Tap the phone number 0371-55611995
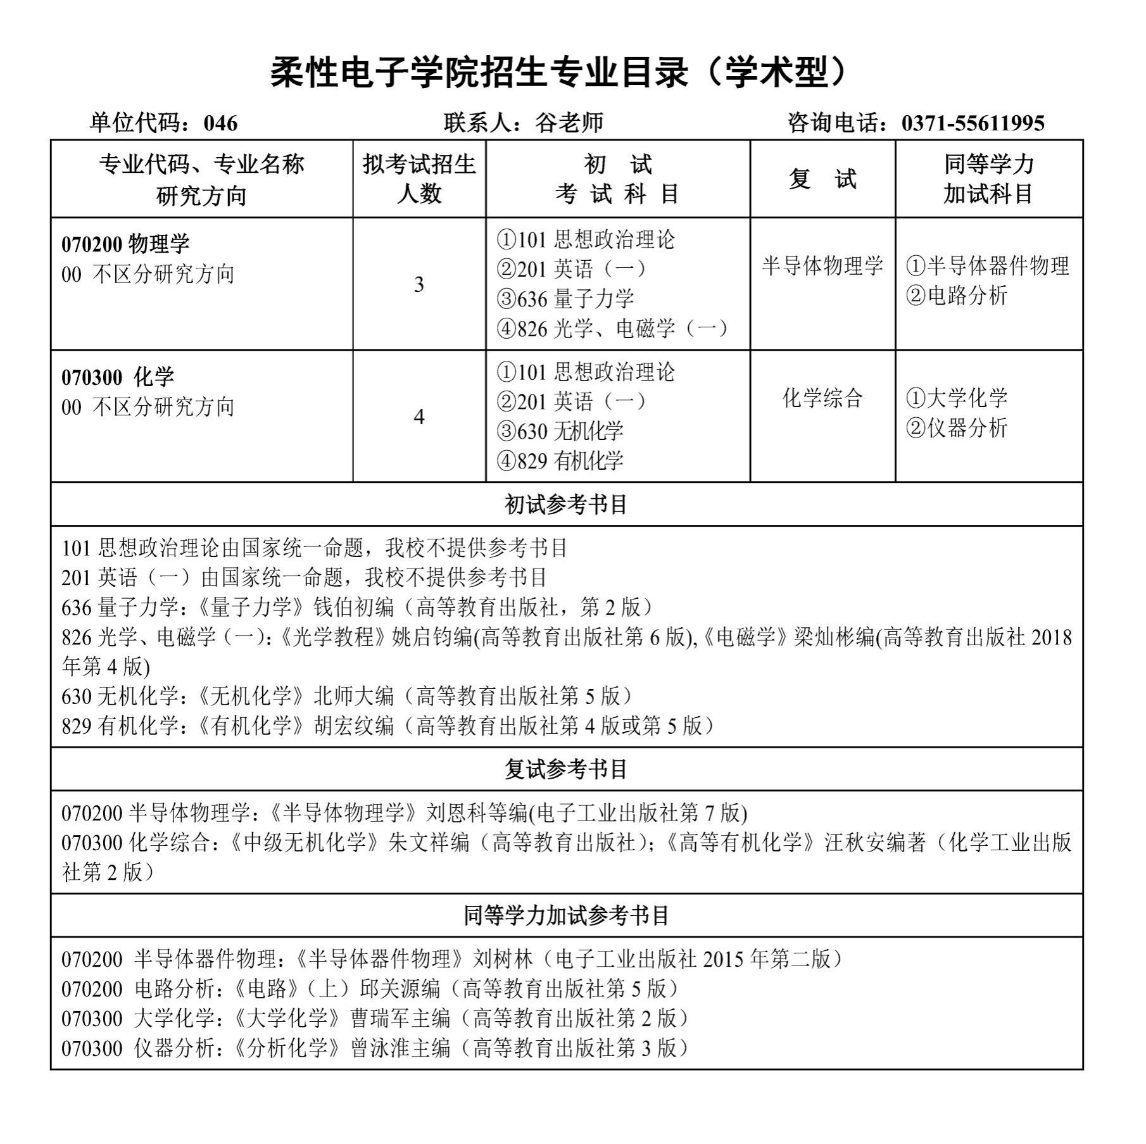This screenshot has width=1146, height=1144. pos(973,123)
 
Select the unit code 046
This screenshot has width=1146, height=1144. pos(220,123)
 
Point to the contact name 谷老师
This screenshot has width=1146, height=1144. pos(569,123)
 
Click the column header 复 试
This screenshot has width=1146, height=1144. pos(822,179)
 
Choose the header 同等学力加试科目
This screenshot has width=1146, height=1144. pos(988,179)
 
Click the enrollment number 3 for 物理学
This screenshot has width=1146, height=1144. pos(419,285)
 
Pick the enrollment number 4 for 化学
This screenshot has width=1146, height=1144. pos(419,417)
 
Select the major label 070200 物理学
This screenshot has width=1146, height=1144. pos(125,244)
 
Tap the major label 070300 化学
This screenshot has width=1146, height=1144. pos(118,377)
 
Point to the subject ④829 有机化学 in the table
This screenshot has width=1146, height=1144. pos(560,461)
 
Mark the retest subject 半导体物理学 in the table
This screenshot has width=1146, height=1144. pos(822,266)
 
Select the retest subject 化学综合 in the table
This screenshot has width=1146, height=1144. pos(822,398)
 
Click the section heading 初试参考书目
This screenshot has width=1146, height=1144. pos(565,505)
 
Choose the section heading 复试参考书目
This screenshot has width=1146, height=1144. pos(565,769)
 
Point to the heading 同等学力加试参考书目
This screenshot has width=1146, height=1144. pos(565,915)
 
